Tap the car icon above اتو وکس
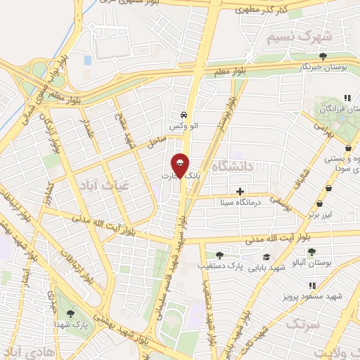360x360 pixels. (x=183, y=114)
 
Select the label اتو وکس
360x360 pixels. (x=182, y=125)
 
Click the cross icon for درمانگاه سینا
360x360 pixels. (x=240, y=191)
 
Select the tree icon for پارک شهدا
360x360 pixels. (x=70, y=313)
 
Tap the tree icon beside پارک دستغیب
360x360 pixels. (x=220, y=255)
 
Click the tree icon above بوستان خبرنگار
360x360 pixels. (x=323, y=56)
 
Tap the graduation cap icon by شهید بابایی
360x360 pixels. (x=266, y=257)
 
